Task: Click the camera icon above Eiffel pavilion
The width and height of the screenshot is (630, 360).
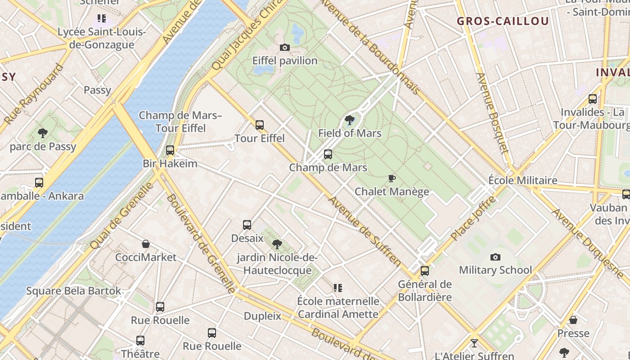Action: point(284,47)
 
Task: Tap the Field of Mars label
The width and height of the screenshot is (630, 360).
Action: point(350,133)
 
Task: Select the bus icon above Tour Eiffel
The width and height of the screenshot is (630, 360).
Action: point(260,125)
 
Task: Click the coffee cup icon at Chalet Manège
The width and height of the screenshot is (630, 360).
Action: point(392,178)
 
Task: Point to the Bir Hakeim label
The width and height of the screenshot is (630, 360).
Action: point(170,163)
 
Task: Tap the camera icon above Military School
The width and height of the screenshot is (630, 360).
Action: point(495,257)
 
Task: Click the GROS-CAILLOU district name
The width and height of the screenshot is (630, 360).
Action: point(503,21)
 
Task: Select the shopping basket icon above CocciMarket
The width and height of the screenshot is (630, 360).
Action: point(146,244)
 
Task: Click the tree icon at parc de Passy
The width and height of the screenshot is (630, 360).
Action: point(43,133)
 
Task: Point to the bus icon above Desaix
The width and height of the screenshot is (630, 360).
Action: point(247,225)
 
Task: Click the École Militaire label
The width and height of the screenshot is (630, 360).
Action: point(523,180)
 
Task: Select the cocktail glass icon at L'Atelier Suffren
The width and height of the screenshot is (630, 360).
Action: point(474,343)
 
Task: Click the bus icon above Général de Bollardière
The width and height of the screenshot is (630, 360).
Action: point(425,271)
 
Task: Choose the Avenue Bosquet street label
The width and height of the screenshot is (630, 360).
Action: point(492,119)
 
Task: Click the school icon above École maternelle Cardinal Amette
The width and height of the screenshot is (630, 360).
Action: point(338,288)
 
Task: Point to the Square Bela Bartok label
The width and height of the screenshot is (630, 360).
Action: point(74,291)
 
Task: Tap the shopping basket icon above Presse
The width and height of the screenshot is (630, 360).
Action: point(573,320)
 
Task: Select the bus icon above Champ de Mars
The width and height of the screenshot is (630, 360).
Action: point(328,154)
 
